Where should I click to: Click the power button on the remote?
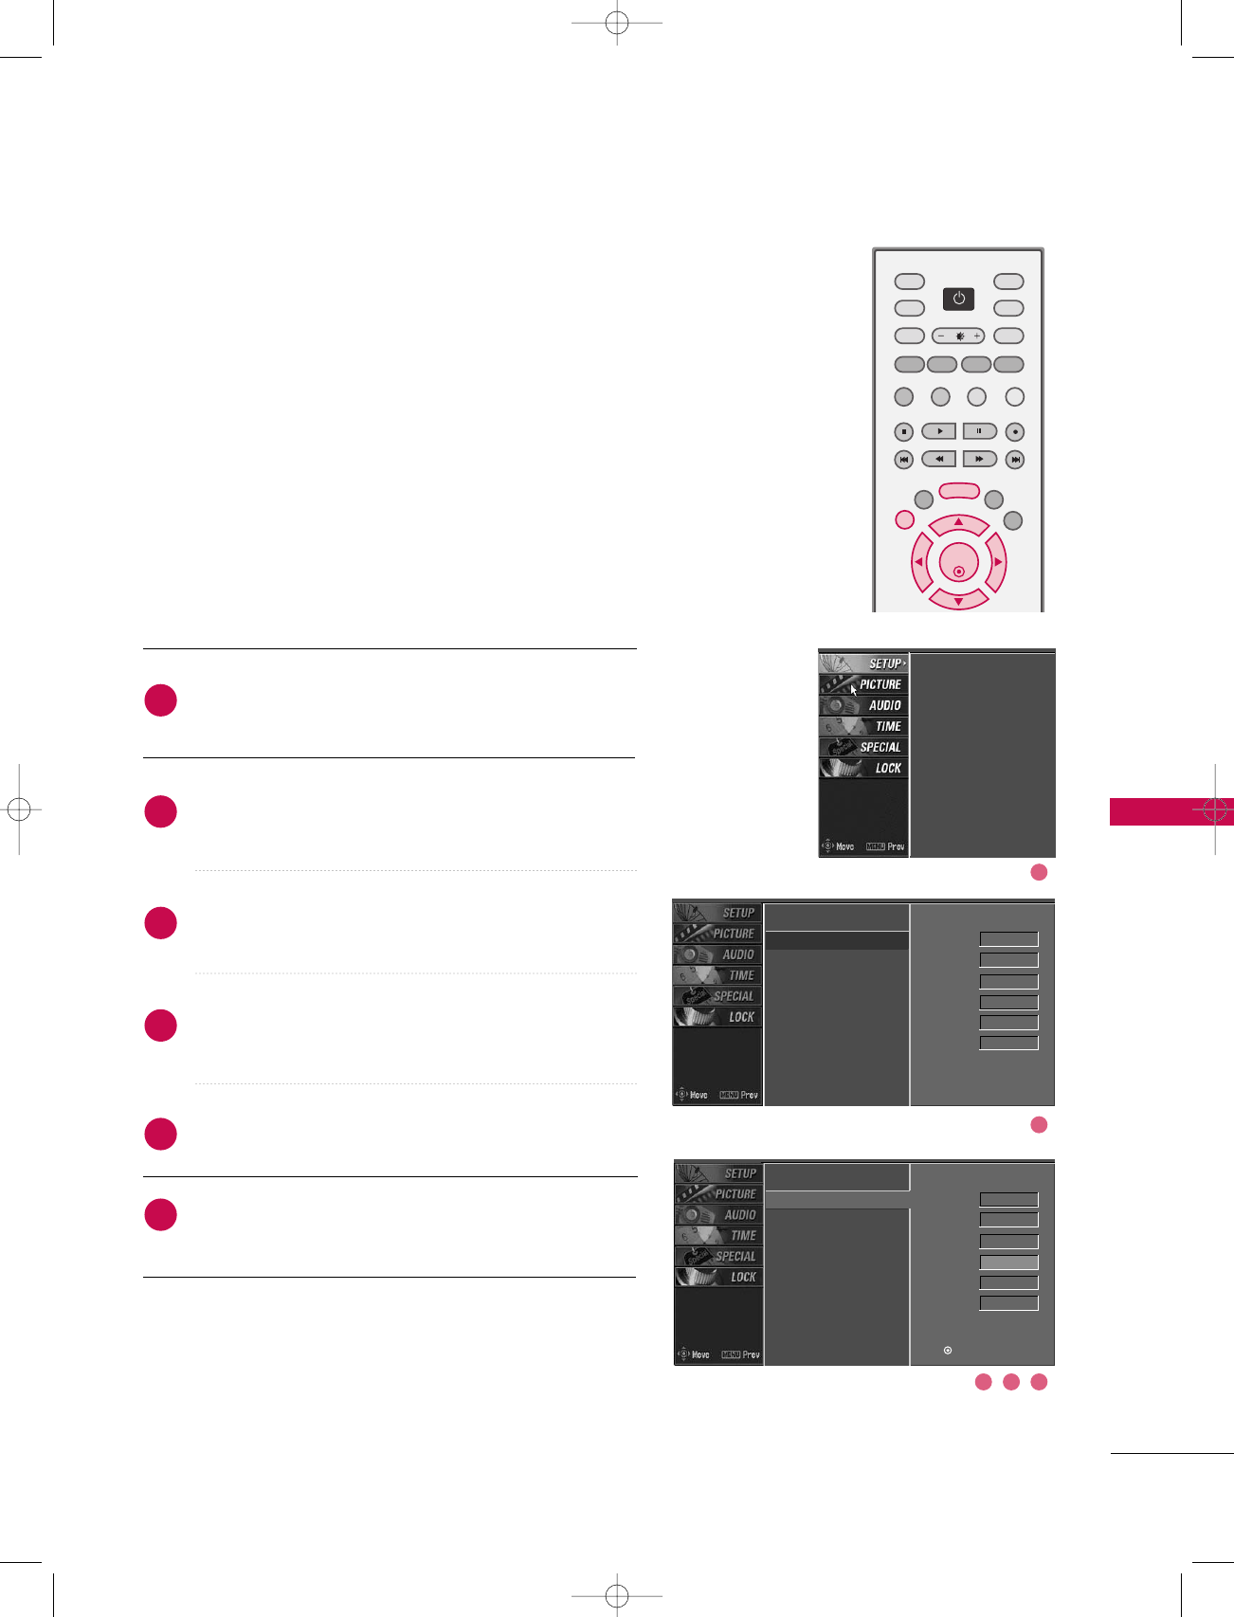[958, 299]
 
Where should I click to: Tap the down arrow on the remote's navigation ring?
[958, 599]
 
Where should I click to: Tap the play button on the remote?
[938, 431]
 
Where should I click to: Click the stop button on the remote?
[904, 432]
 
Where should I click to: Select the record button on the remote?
[1014, 432]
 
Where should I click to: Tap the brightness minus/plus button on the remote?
[958, 336]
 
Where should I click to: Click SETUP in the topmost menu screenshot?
[884, 663]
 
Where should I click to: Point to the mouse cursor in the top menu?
[853, 690]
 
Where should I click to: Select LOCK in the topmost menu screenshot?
[887, 768]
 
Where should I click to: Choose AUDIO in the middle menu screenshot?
[737, 954]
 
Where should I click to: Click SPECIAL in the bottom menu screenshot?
[735, 1256]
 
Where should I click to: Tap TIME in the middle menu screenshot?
[740, 975]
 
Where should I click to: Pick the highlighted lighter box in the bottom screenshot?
[1008, 1262]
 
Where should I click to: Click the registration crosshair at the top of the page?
[617, 23]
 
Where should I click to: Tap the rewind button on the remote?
[938, 460]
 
